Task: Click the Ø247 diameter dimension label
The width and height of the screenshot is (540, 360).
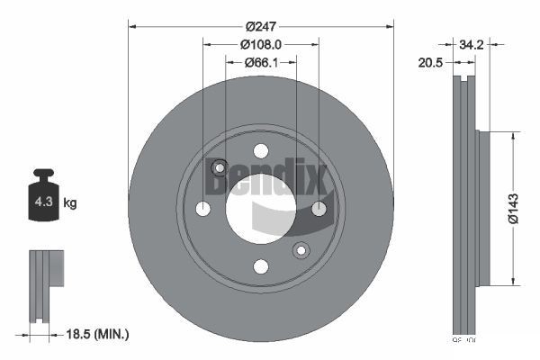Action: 260,14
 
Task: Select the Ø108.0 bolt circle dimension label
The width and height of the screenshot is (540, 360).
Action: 261,41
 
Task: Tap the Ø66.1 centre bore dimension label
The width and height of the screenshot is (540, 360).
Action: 260,62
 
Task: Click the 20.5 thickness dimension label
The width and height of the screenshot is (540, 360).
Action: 429,63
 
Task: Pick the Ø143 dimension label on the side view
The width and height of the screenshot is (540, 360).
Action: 512,206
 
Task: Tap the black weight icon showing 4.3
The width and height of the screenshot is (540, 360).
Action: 43,200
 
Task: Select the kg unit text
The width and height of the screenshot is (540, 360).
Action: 70,203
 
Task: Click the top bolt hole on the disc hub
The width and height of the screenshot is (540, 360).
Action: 261,150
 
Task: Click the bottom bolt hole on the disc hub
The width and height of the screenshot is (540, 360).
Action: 261,265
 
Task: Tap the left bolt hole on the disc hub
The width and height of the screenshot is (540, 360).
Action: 203,209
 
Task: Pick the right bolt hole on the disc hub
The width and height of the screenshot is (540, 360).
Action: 319,209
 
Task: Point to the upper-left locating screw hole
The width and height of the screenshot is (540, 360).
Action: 219,167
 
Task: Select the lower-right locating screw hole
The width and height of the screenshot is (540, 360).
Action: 301,249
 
